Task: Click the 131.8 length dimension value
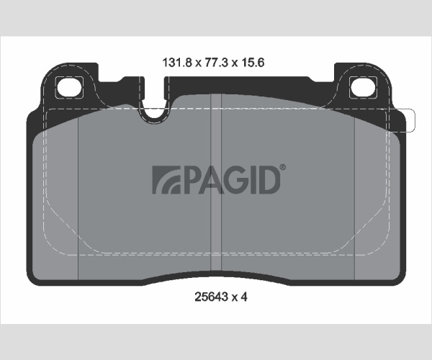[x=177, y=63]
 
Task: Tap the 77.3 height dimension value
[x=216, y=63]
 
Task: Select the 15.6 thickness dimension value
[x=253, y=63]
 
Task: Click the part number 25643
[x=211, y=297]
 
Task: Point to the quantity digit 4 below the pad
[x=244, y=297]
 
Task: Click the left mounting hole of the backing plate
[x=69, y=87]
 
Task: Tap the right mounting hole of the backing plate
[x=363, y=87]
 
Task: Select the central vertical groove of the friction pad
[x=216, y=181]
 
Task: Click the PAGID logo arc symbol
[x=166, y=179]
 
